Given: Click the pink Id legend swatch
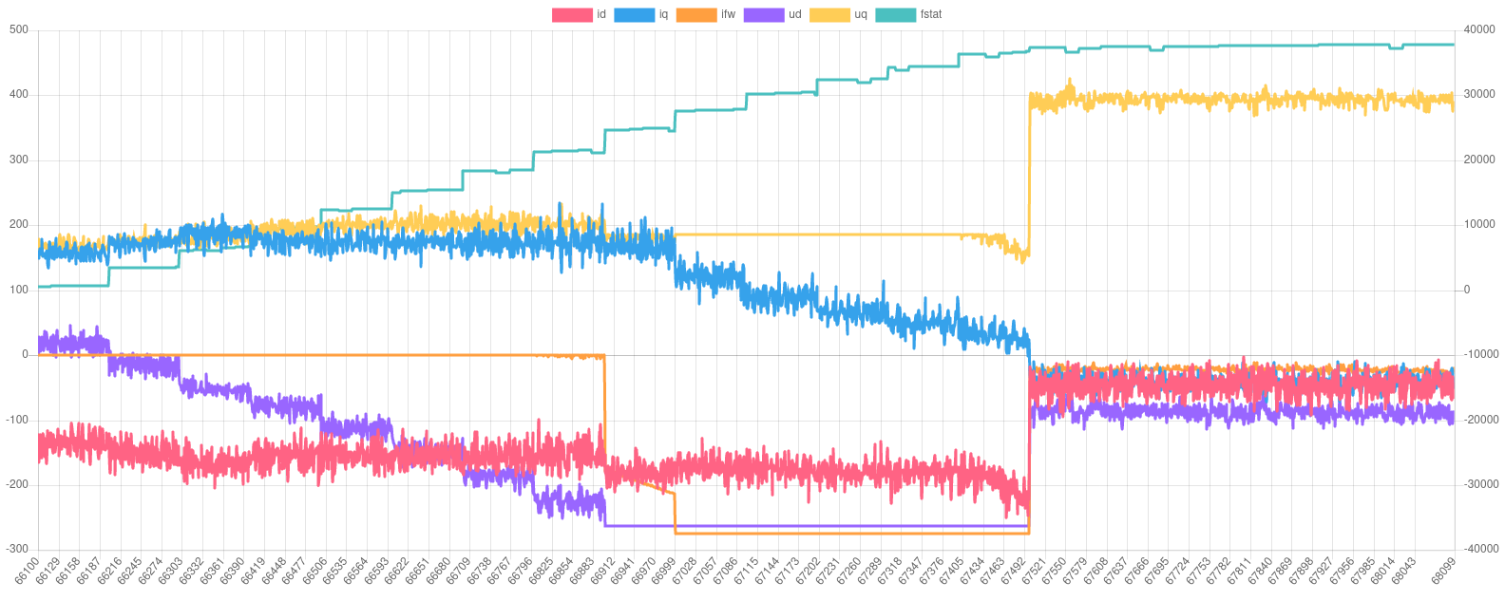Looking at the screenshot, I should (572, 14).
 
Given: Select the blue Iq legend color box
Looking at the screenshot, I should (635, 14).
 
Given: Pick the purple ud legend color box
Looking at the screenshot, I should (763, 14).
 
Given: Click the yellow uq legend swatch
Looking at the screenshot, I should (829, 14).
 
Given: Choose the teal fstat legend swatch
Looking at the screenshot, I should (895, 14).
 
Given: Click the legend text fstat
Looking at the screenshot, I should (931, 14).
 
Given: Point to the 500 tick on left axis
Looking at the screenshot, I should (19, 29).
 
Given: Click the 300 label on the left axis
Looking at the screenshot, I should (19, 160).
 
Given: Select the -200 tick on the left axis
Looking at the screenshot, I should (17, 484).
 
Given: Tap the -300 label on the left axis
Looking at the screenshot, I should (17, 549).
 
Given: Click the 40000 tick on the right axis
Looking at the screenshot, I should (1479, 29).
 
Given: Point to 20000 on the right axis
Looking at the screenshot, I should (1479, 160).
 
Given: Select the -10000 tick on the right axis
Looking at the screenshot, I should (1477, 354).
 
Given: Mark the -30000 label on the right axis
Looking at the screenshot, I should (1477, 484).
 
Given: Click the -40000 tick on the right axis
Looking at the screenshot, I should (1477, 549).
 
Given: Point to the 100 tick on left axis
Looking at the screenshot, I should (19, 290).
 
